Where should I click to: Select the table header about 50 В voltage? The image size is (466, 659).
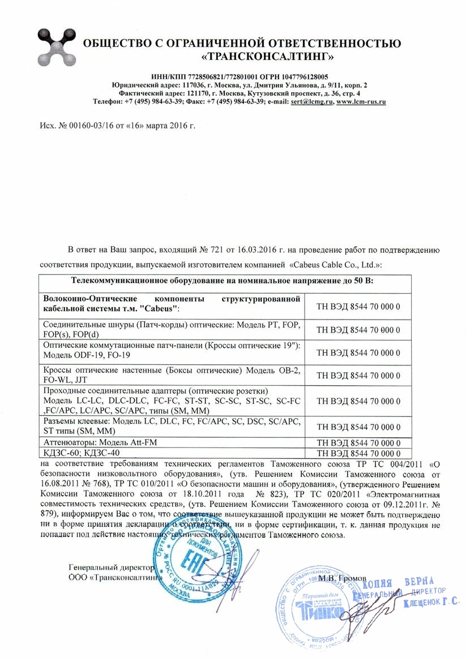click(226, 281)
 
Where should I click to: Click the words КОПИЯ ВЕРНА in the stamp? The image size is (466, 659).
click(398, 583)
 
